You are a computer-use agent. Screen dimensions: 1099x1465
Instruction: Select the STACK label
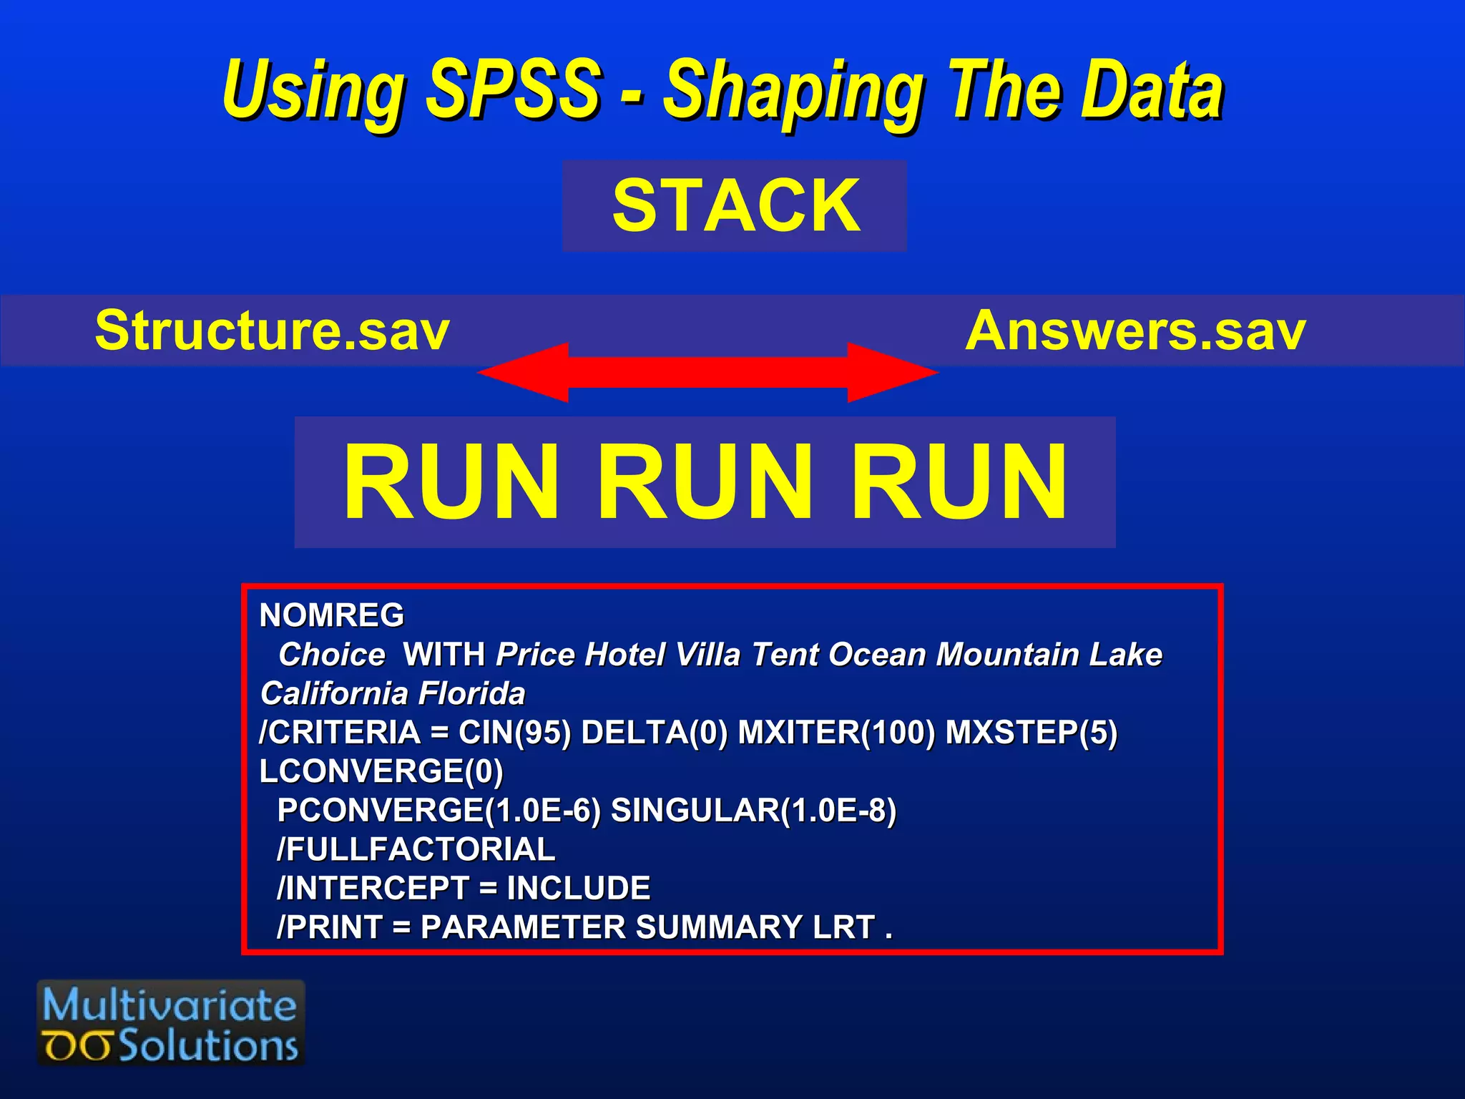point(736,206)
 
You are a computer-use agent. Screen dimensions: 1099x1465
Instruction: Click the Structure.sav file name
point(272,331)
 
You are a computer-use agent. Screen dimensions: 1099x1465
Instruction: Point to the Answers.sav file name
point(1135,331)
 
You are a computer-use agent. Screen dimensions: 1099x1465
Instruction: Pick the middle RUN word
point(705,482)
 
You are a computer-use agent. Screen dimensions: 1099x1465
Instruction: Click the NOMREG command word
point(331,615)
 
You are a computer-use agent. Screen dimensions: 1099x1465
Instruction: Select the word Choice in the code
point(332,655)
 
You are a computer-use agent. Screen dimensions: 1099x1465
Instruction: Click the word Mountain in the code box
point(1008,655)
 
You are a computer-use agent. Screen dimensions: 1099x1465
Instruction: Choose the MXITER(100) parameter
point(836,733)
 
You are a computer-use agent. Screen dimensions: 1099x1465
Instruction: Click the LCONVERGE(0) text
point(381,771)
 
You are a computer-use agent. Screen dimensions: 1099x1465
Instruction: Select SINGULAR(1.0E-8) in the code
point(753,811)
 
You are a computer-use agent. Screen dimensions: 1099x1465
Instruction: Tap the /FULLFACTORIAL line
point(416,849)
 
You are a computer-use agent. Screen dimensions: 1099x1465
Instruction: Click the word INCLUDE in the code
point(578,889)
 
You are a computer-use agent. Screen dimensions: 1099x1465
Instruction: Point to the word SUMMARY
point(719,927)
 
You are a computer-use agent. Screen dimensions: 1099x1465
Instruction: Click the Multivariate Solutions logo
point(171,1023)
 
